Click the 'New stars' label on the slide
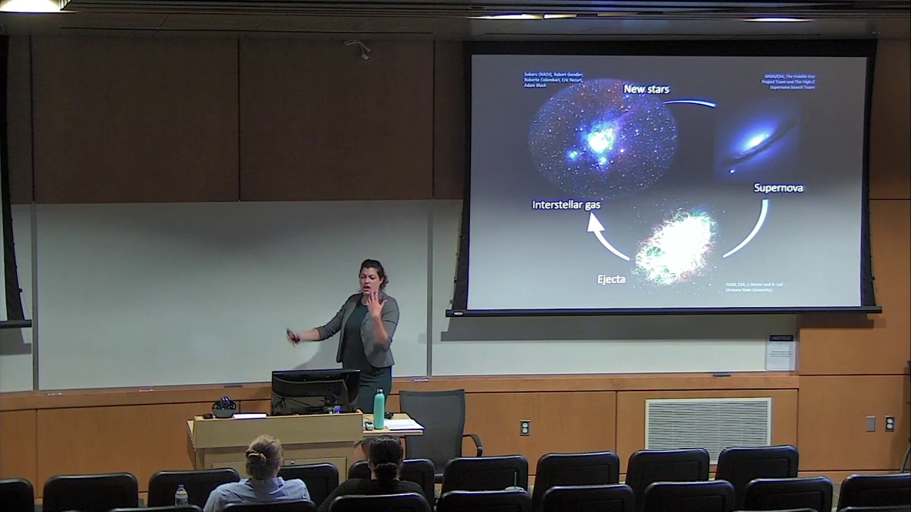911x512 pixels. [x=646, y=89]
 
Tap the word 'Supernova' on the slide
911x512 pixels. [x=778, y=188]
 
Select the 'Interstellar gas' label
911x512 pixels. [x=566, y=205]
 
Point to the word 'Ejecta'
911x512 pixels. [x=611, y=279]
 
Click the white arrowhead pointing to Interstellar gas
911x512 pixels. [x=594, y=224]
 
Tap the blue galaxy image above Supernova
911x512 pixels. [x=754, y=143]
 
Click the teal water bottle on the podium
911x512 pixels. [x=379, y=410]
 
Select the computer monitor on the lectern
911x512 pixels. [x=315, y=390]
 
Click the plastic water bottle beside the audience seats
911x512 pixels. [x=181, y=495]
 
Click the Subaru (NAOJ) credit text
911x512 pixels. [x=553, y=79]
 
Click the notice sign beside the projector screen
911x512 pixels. [x=781, y=352]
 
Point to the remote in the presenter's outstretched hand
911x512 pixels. [x=291, y=336]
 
